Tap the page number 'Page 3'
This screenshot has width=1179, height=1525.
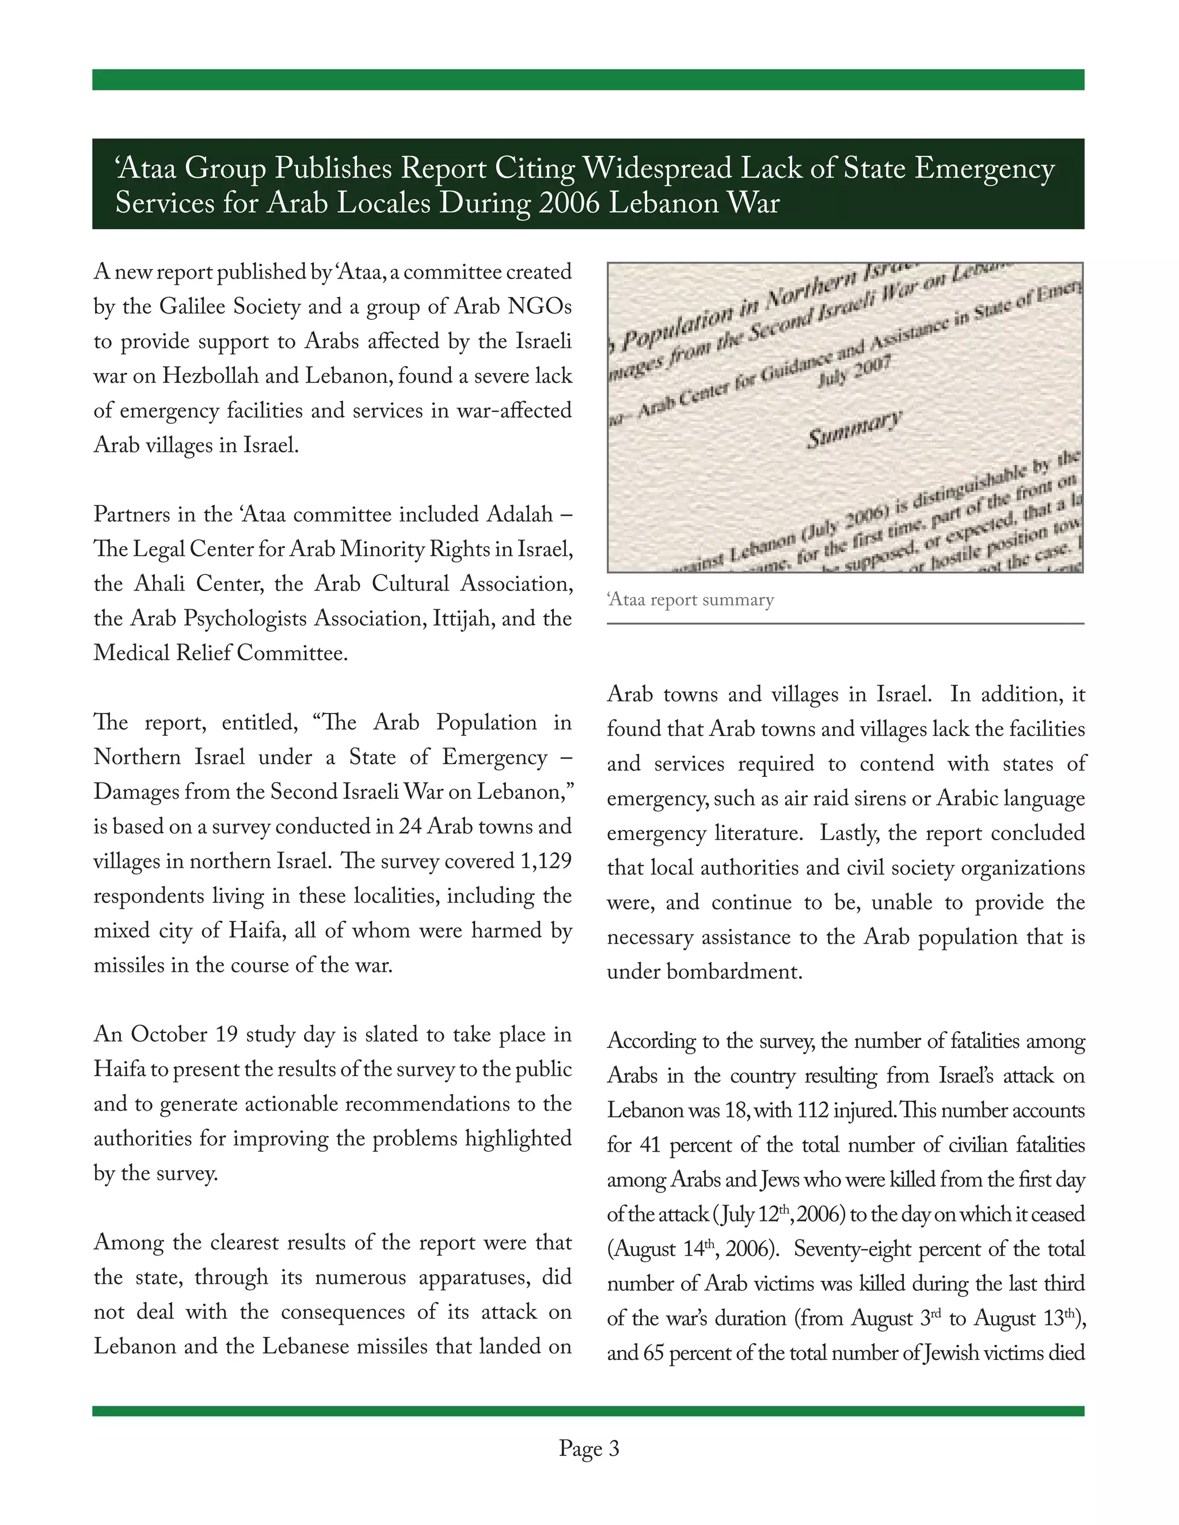[x=589, y=1448]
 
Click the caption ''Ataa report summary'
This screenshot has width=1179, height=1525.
[x=691, y=600]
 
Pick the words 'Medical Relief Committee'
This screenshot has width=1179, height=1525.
[x=220, y=654]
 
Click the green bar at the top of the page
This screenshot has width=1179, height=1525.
[x=588, y=79]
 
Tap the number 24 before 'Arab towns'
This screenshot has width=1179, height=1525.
[x=410, y=827]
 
